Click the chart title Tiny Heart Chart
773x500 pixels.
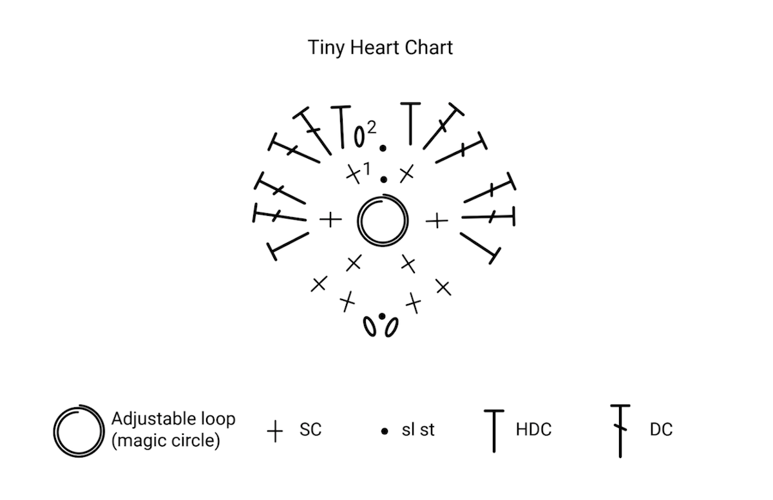(380, 48)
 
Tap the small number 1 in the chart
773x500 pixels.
(367, 169)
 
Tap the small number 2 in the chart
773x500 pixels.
(371, 128)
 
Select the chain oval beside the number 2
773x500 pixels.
(359, 137)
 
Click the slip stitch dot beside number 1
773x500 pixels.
(383, 179)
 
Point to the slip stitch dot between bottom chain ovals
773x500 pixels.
(381, 316)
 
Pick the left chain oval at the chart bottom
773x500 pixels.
(369, 327)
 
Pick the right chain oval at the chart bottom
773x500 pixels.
(392, 327)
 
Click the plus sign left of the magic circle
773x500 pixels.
(330, 220)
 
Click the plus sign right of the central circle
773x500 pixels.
(437, 220)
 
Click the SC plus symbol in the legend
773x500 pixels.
(275, 431)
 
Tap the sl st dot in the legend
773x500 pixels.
(385, 431)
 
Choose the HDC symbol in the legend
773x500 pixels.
(494, 431)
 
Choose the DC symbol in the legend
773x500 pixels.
(620, 431)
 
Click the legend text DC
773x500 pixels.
(661, 430)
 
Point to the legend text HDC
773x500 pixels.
(533, 430)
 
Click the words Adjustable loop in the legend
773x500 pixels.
(173, 419)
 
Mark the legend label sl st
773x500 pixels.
(418, 430)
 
